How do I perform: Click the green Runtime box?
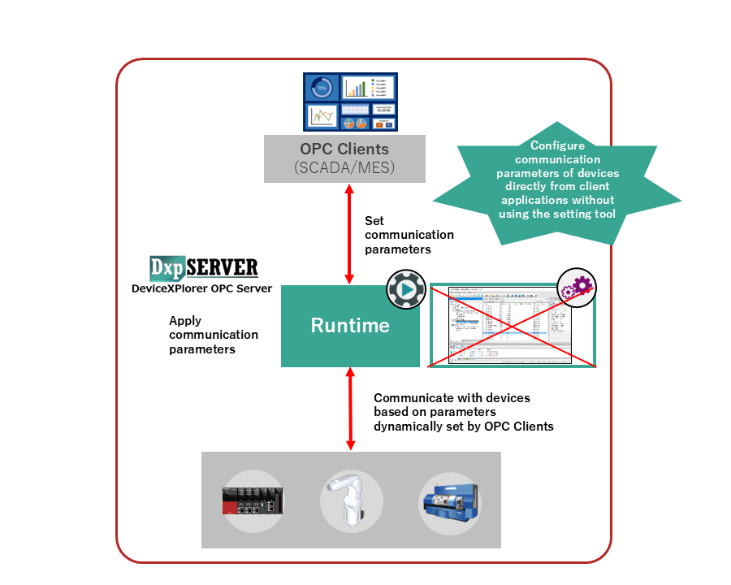pyautogui.click(x=350, y=326)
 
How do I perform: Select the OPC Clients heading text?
pyautogui.click(x=344, y=149)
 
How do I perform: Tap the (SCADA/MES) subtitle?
pyautogui.click(x=344, y=167)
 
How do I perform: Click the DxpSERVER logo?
pyautogui.click(x=204, y=267)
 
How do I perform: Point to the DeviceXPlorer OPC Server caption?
pyautogui.click(x=201, y=288)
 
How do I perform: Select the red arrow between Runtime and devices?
pyautogui.click(x=350, y=409)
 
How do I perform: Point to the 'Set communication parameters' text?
pyautogui.click(x=409, y=235)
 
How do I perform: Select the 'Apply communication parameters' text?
pyautogui.click(x=213, y=335)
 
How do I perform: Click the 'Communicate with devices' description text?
pyautogui.click(x=463, y=412)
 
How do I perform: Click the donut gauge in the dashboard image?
pyautogui.click(x=321, y=88)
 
